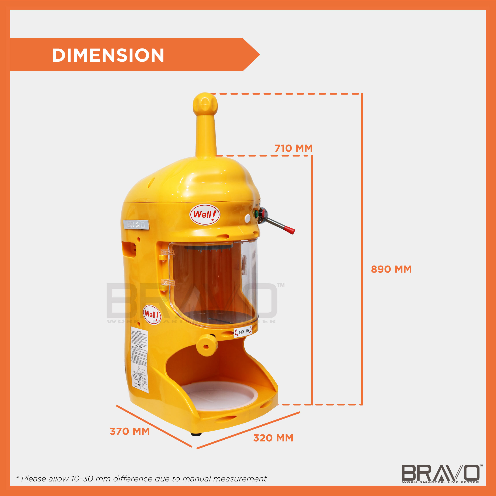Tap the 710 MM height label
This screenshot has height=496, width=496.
click(294, 148)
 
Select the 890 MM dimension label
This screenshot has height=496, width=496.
click(391, 269)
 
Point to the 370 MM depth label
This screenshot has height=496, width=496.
click(130, 431)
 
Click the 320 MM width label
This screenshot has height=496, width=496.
click(273, 438)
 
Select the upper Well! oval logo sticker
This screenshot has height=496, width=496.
click(205, 214)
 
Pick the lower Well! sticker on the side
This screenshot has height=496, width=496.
click(152, 314)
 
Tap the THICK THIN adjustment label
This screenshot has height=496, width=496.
click(243, 332)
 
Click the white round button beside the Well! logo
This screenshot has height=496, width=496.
click(247, 219)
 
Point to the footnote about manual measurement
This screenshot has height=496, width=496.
click(141, 479)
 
